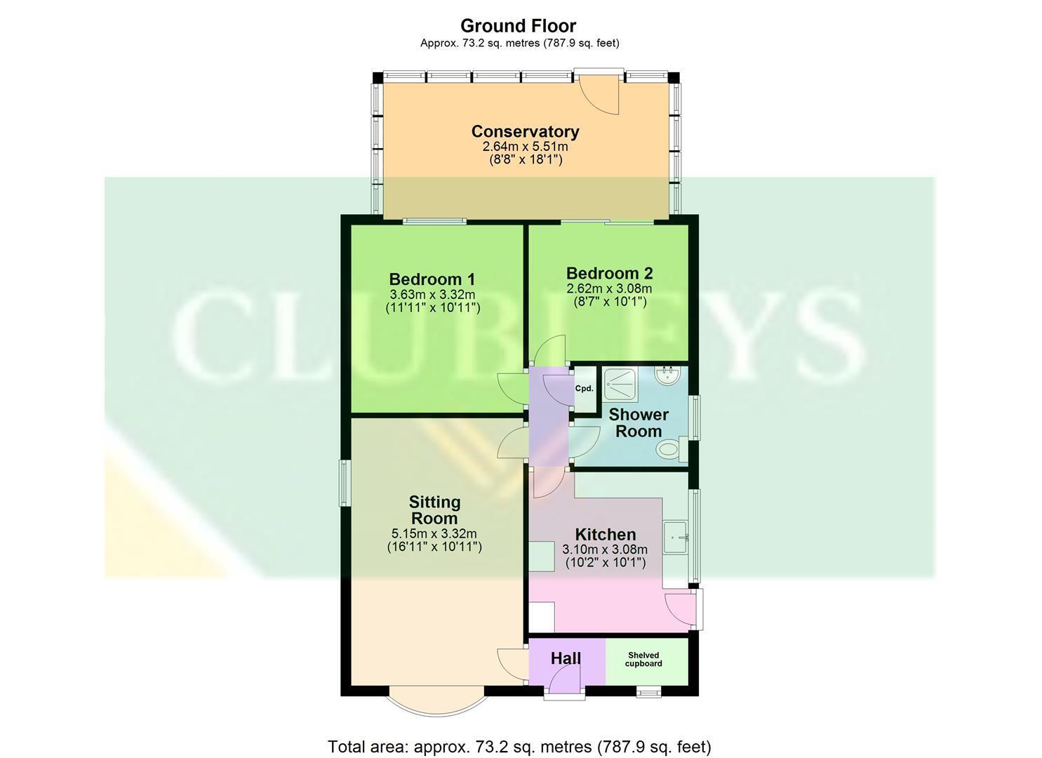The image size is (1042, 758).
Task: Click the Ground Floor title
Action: point(519,25)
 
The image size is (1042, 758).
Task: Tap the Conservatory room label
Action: point(525,131)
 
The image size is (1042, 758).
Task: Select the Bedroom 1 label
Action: point(432,279)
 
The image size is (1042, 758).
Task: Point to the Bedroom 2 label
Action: point(609,273)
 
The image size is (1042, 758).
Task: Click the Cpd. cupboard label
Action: point(585,389)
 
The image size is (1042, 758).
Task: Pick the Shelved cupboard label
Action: point(643,659)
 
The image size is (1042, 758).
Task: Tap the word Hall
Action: point(566,658)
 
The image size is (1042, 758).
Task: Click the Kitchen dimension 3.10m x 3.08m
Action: point(605,550)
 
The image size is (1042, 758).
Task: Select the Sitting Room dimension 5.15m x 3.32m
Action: point(434,533)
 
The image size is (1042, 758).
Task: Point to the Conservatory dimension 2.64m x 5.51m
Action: point(525,147)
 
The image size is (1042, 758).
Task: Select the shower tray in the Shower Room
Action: point(621,385)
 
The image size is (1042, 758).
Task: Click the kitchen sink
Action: point(676,538)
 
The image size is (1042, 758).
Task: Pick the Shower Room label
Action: point(639,423)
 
